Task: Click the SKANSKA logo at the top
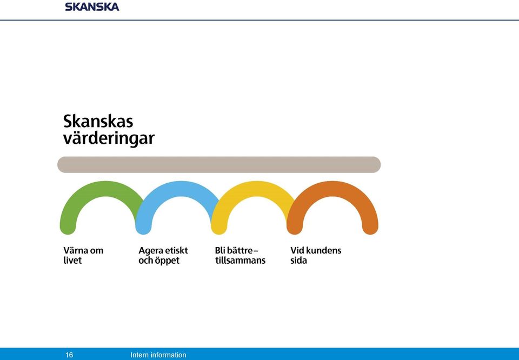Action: [x=92, y=6]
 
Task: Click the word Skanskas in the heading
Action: [x=98, y=121]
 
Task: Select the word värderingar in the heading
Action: [x=109, y=138]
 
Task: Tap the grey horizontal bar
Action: [x=219, y=164]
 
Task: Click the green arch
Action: [x=105, y=189]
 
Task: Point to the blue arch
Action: [x=181, y=189]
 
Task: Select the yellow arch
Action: [x=256, y=189]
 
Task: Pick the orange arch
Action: [x=332, y=189]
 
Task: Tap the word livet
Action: [x=72, y=261]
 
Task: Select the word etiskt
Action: [x=176, y=250]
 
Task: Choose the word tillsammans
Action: [x=240, y=261]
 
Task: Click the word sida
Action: [x=298, y=261]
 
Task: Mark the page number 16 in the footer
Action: [x=69, y=355]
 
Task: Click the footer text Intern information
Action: [x=158, y=355]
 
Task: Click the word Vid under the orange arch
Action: [x=297, y=250]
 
